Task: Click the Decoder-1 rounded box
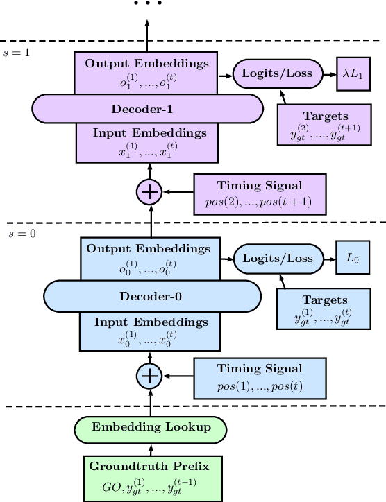click(x=147, y=109)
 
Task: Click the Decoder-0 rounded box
click(x=152, y=297)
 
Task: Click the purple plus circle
click(x=147, y=192)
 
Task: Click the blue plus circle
click(x=149, y=376)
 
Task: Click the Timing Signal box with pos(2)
click(x=260, y=192)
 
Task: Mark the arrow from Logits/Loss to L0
click(x=326, y=259)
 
